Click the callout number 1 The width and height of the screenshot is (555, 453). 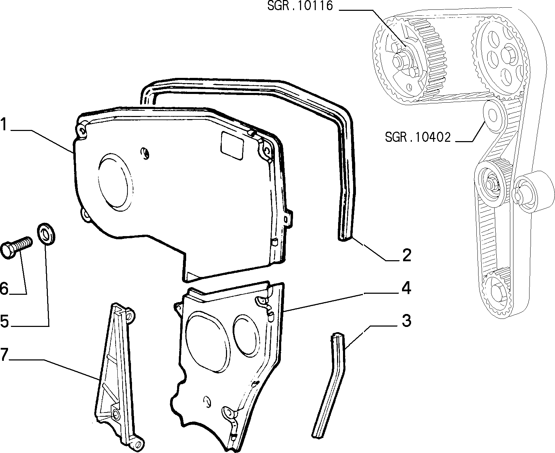pyautogui.click(x=4, y=124)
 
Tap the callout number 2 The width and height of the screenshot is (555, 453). pyautogui.click(x=407, y=255)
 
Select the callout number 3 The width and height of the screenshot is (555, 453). pyautogui.click(x=407, y=321)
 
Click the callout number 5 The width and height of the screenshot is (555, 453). pyautogui.click(x=5, y=321)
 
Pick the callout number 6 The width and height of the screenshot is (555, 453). pyautogui.click(x=4, y=288)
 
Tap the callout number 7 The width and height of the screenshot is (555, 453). pyautogui.click(x=4, y=354)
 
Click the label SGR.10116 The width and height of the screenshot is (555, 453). pyautogui.click(x=300, y=6)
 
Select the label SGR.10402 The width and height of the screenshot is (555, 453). pyautogui.click(x=418, y=137)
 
